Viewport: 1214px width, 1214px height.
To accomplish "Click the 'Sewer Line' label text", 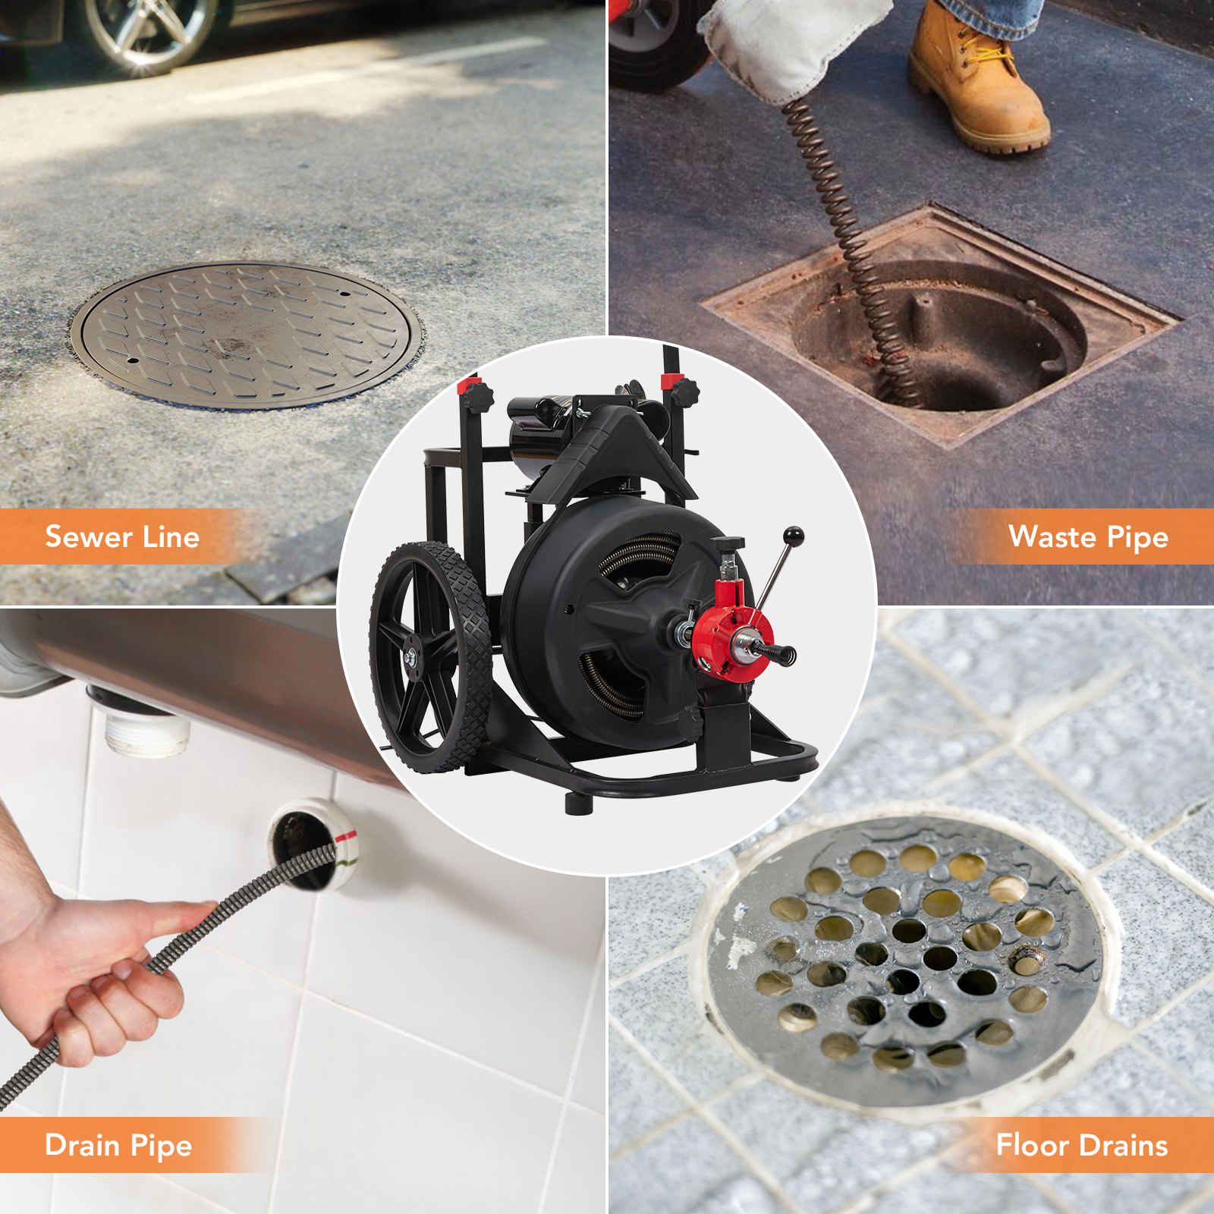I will click(x=122, y=536).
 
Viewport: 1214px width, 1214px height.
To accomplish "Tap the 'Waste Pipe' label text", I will click(x=1088, y=536).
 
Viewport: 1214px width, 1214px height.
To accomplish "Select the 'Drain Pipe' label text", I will click(x=118, y=1145).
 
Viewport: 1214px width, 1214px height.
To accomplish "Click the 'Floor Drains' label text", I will click(x=1081, y=1145).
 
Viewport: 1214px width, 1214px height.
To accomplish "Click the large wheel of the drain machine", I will click(x=429, y=657).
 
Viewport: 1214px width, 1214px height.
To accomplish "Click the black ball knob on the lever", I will click(x=793, y=536).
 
